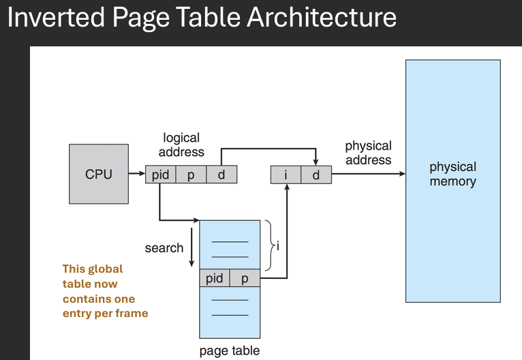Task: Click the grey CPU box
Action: [99, 174]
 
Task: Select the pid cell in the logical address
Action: [161, 175]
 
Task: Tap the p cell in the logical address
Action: [191, 175]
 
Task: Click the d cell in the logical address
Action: [221, 175]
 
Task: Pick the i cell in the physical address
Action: [286, 175]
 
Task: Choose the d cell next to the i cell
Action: [316, 175]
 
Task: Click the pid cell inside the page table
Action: [215, 278]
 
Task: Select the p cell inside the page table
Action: [245, 278]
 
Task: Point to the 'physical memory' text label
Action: [452, 174]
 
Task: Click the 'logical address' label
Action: [182, 145]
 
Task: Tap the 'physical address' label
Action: [368, 153]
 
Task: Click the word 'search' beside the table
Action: [164, 247]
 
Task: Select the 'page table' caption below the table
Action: [230, 351]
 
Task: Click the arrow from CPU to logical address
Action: [136, 175]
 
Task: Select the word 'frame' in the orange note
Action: [133, 313]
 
